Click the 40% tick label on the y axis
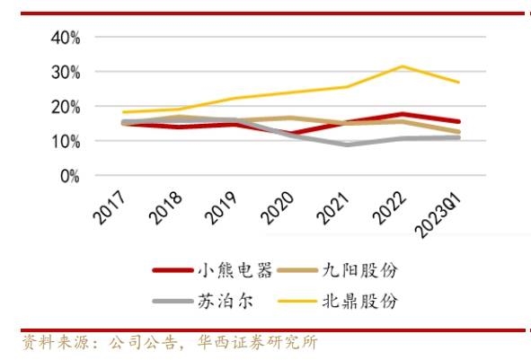(66, 38)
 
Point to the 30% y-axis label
(66, 73)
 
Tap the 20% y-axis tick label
(66, 107)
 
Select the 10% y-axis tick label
(66, 142)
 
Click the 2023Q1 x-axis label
(441, 215)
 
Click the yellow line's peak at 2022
(403, 66)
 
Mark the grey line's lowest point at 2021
(348, 145)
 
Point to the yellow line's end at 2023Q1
(459, 83)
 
